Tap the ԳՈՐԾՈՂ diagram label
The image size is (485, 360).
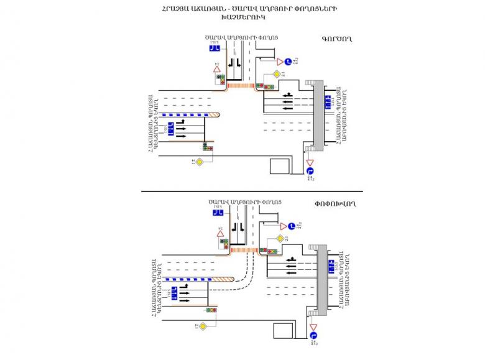[x=337, y=39]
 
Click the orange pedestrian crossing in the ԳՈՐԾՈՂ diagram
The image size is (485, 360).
[x=240, y=85]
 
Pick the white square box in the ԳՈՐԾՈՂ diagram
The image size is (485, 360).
[x=280, y=166]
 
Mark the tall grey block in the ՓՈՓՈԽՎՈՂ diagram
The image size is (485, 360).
[x=322, y=278]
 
